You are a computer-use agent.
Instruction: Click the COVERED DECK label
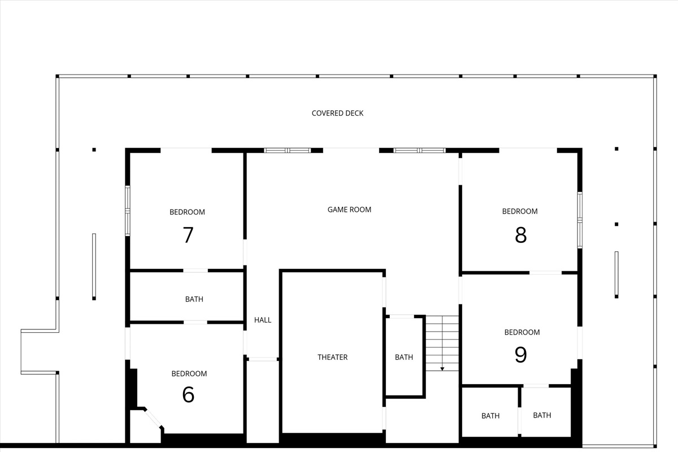click(337, 113)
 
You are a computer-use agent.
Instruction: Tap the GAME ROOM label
click(349, 210)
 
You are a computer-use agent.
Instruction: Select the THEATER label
click(332, 357)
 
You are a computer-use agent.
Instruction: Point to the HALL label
click(263, 320)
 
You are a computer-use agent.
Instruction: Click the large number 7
click(188, 235)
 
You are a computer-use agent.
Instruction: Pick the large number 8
click(520, 234)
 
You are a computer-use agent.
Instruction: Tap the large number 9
click(520, 354)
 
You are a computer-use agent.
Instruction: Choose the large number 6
click(188, 394)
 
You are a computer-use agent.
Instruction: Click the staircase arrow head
click(442, 369)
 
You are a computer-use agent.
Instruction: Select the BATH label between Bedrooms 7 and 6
click(194, 299)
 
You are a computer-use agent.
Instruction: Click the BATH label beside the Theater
click(404, 357)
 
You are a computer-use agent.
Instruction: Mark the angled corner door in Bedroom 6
click(153, 418)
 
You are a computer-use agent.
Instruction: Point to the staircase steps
click(442, 339)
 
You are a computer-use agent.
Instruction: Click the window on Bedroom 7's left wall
click(128, 211)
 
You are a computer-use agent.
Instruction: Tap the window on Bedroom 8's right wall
click(580, 220)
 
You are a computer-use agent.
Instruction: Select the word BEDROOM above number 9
click(522, 332)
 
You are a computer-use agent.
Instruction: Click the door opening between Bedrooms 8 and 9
click(545, 273)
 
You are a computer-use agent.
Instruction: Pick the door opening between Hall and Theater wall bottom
click(263, 359)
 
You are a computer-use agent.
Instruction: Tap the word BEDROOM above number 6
click(189, 373)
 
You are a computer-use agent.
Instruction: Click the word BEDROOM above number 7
click(187, 212)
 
